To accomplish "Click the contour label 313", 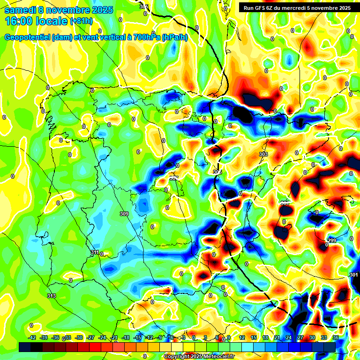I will pos(52,296).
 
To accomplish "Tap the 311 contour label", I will pos(95,253).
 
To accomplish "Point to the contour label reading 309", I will pos(124,214).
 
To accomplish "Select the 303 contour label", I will pos(263,154).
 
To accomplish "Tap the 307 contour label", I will pos(174,178).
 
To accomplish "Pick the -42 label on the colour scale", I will pos(32,337).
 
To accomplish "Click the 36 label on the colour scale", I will pos(335,337).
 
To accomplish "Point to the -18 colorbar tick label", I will pos(126,337).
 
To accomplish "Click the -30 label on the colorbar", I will pos(79,337).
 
